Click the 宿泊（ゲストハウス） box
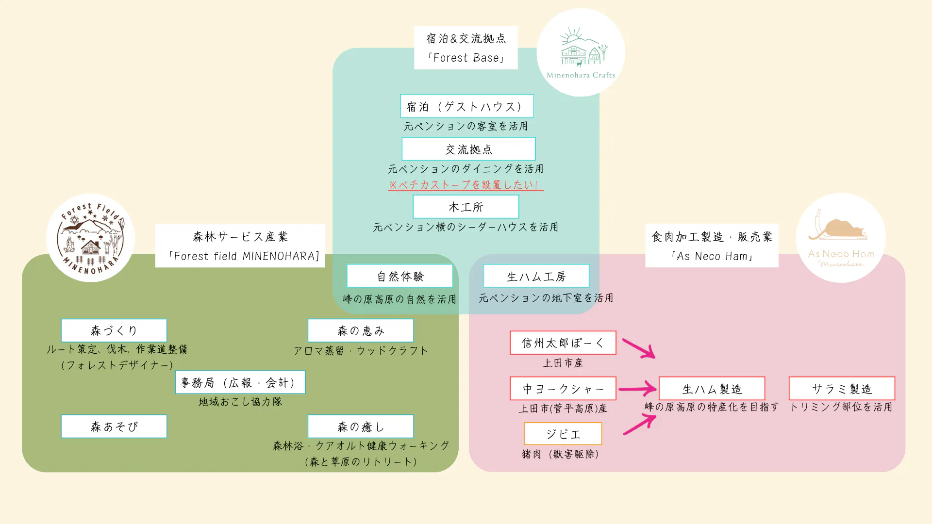coord(466,106)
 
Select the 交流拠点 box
coord(468,149)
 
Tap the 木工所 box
coord(466,207)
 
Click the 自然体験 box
coord(399,276)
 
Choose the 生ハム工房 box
coord(536,276)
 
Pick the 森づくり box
coord(114,330)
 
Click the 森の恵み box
coord(360,330)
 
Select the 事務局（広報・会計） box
coord(240,382)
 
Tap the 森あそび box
coord(114,426)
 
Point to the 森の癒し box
coord(360,426)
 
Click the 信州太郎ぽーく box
coord(563,343)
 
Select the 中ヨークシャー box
coord(563,389)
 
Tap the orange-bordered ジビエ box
coord(563,434)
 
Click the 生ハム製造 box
coord(712,389)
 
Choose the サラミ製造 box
coord(841,389)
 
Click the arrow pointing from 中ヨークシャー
coord(637,389)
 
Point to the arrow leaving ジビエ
coord(639,424)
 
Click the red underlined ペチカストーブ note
coord(465,185)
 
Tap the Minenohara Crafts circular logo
coord(581,52)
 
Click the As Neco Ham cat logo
coord(841,238)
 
